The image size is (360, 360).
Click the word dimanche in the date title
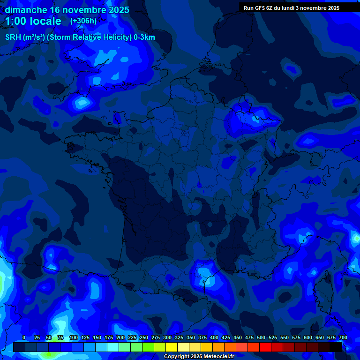tap(25, 10)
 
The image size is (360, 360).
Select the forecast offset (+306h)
tap(83, 21)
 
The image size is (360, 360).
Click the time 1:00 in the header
tap(16, 21)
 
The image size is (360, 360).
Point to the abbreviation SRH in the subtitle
tap(13, 37)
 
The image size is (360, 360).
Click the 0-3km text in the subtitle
tap(144, 37)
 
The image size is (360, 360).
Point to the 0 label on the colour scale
tap(24, 337)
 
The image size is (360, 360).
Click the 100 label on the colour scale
tap(74, 337)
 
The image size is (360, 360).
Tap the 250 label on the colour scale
tap(144, 337)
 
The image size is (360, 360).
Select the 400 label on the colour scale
tap(214, 337)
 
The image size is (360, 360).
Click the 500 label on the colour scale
tap(261, 337)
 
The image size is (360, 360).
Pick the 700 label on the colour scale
tap(343, 337)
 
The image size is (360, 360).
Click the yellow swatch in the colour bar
tap(172, 347)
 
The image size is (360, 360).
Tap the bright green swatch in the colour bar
tap(148, 347)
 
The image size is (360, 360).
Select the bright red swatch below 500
tap(265, 347)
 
